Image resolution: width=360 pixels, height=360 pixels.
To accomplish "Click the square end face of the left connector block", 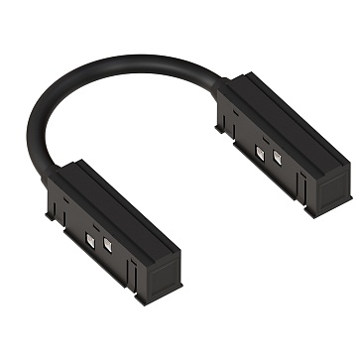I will point(159,253).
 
